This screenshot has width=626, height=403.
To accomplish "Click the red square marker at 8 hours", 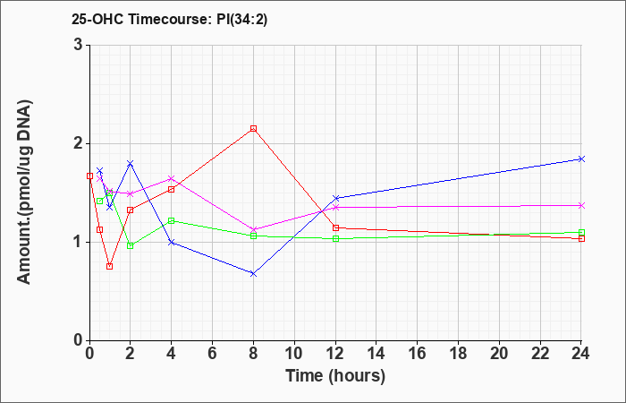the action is tap(253, 128).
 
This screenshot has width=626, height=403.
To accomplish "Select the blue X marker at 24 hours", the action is tap(581, 159).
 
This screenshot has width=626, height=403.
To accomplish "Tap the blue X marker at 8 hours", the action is tap(253, 274).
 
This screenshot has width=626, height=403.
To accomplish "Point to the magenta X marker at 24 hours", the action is tap(581, 205).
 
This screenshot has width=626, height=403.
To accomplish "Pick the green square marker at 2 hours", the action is tap(131, 245).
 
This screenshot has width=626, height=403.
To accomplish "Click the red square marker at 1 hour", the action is tap(109, 266).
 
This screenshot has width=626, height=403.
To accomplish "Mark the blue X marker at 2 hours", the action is tap(131, 163).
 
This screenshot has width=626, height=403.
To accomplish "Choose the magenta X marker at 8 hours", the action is tap(253, 230).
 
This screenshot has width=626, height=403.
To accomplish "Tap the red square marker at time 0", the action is tap(89, 176).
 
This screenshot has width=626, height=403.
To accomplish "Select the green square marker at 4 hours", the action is tap(172, 220).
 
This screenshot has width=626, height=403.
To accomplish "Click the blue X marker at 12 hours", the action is tap(335, 198).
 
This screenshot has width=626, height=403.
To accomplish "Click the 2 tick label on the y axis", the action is tap(78, 143).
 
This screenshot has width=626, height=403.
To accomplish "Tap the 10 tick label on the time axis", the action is tap(294, 353).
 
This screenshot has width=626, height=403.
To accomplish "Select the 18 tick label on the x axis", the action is tap(458, 353).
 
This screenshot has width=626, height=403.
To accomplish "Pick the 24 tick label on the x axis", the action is tap(581, 353).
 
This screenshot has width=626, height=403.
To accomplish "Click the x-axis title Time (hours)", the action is tap(335, 376).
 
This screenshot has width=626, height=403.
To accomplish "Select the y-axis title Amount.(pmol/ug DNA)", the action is tap(24, 192).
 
